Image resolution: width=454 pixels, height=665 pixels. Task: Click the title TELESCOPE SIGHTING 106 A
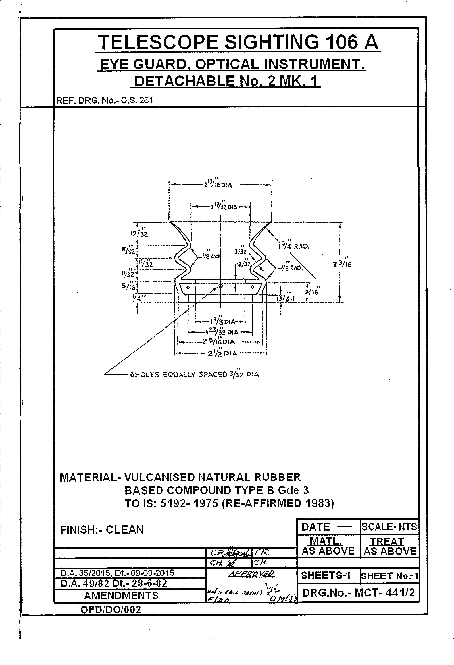(x=238, y=42)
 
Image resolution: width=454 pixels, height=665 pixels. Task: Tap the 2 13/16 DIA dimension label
(x=218, y=184)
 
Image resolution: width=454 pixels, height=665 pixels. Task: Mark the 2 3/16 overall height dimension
(x=342, y=263)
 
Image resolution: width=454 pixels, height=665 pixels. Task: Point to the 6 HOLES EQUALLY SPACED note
(x=196, y=375)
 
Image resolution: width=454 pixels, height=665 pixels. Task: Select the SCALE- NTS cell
(x=389, y=526)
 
